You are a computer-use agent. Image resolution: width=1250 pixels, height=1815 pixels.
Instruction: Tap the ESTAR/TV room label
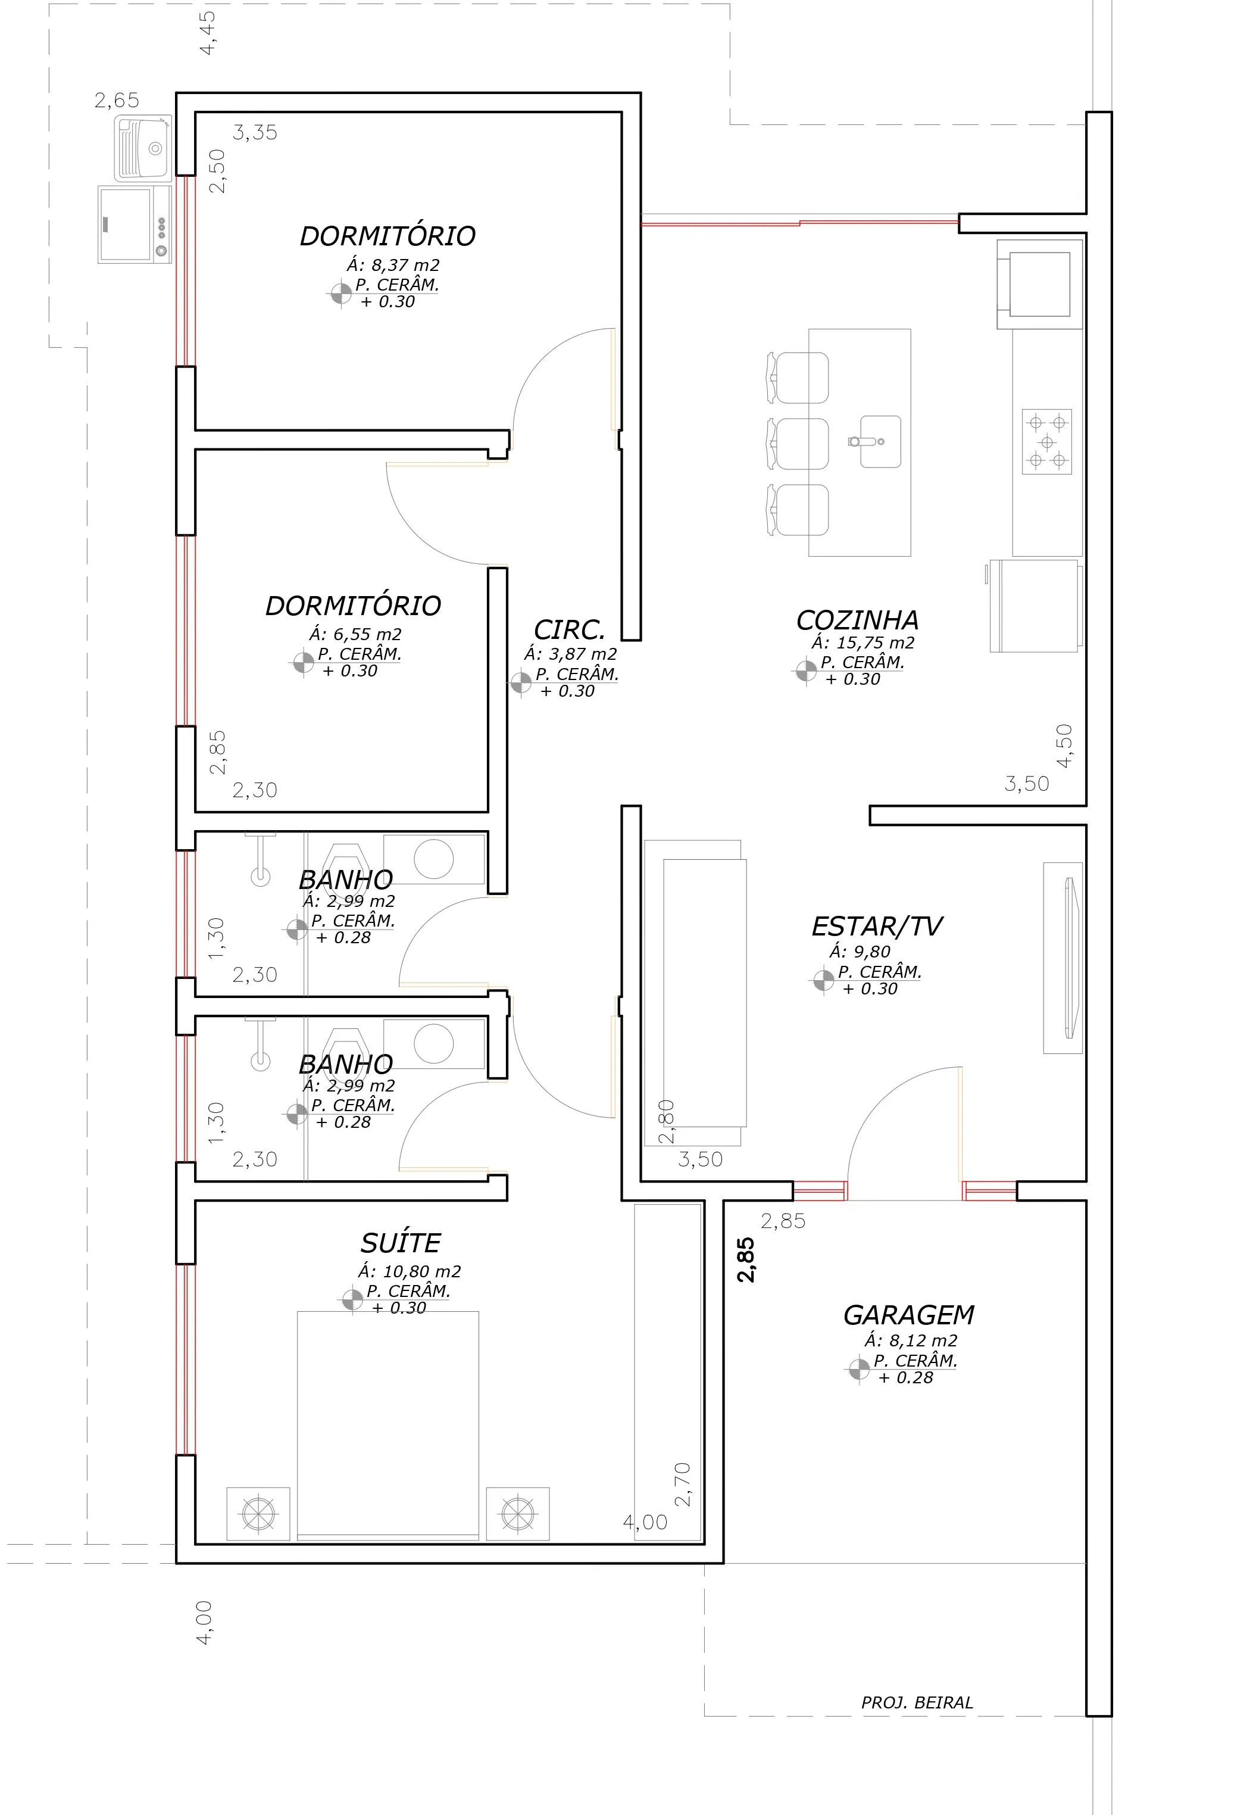tap(876, 927)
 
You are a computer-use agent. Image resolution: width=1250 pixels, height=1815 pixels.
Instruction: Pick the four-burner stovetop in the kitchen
tap(1047, 441)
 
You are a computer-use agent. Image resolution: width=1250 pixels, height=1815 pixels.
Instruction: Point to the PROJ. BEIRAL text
tap(917, 1702)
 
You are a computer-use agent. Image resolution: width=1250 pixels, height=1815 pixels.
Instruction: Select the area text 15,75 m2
tap(862, 643)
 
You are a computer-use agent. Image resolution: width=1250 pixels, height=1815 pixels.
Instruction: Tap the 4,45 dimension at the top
tap(208, 33)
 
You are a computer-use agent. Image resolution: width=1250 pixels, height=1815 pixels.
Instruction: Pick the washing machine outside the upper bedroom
tap(135, 224)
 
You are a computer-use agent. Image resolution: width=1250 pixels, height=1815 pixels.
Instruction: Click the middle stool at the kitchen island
tap(797, 444)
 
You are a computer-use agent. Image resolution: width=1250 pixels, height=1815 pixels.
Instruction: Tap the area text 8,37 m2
tap(393, 266)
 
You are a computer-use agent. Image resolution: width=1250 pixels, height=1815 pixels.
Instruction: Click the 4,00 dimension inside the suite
tap(645, 1522)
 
